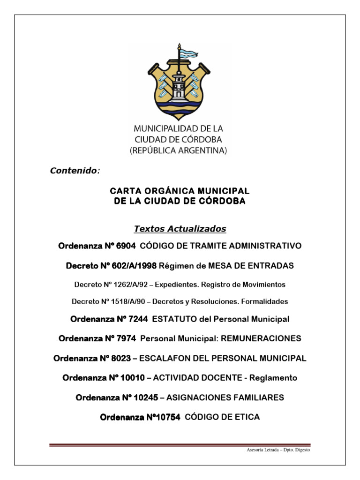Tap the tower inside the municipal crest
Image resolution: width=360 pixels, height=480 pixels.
click(179, 84)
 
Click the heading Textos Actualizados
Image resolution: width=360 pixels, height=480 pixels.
click(180, 229)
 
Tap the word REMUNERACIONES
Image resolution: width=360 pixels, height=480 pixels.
click(261, 338)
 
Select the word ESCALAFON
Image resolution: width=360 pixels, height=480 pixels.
click(165, 358)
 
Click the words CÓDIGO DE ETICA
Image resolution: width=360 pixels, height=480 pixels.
click(223, 417)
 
